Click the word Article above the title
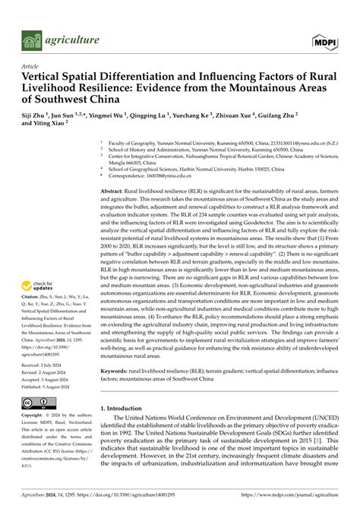[31, 65]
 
